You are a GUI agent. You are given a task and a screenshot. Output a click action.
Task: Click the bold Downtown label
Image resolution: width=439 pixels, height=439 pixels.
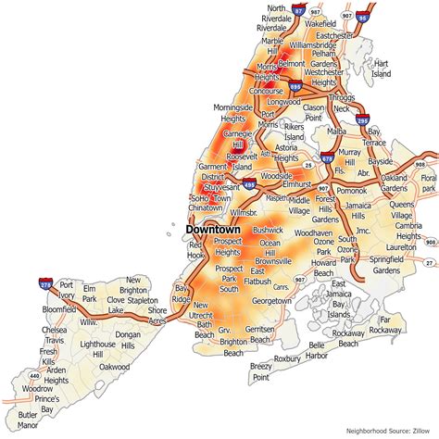(212, 229)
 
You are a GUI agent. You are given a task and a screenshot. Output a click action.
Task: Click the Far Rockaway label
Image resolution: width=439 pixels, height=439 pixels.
(391, 324)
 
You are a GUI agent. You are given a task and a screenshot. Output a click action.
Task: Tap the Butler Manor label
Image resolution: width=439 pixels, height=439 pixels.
(28, 421)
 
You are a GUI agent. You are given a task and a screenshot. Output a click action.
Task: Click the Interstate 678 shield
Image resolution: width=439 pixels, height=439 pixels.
(326, 159)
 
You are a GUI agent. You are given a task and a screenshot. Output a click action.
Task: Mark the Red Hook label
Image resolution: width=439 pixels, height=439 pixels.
(197, 250)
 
